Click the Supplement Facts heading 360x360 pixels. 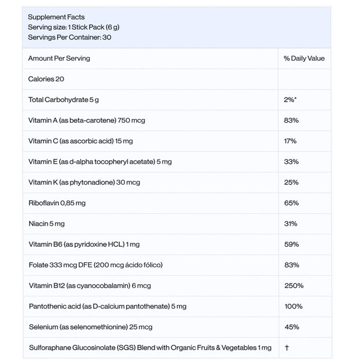pos(56,17)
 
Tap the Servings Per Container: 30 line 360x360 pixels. pos(69,38)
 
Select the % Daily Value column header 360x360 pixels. pos(304,59)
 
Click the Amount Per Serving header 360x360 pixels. pos(59,59)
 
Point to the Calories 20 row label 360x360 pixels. pos(46,79)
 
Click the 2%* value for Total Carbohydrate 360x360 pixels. pos(290,100)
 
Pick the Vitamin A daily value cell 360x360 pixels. pos(291,120)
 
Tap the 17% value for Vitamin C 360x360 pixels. pos(290,141)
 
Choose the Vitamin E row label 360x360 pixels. pos(100,161)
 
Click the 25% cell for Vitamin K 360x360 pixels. pos(291,182)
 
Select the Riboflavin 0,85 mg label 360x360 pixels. pos(57,203)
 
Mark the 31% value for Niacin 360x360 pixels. pos(291,224)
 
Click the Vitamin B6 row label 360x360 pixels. pos(84,244)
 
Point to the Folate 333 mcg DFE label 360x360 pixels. pos(95,265)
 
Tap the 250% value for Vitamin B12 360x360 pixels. pos(294,285)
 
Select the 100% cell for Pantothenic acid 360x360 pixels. pos(293,306)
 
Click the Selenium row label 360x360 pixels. pos(91,327)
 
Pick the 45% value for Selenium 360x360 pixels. pos(291,327)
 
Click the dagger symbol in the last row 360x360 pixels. pos(286,348)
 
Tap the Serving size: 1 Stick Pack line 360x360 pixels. pos(74,27)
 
